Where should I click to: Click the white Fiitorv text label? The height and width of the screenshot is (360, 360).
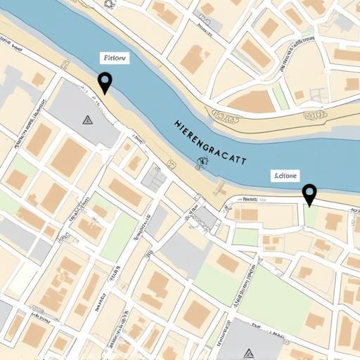(x=113, y=59)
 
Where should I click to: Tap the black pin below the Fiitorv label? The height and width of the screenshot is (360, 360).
(x=105, y=82)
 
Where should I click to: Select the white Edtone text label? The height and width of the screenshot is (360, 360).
(x=285, y=176)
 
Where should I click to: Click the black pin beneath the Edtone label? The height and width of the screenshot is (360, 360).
(x=309, y=193)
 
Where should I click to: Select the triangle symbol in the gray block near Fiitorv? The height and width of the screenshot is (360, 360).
(x=87, y=120)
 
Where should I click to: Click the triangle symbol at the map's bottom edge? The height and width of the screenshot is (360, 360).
(x=247, y=351)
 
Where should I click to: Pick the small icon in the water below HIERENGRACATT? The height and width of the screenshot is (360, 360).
(x=202, y=165)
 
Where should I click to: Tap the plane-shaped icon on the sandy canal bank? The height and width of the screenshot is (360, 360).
(x=219, y=188)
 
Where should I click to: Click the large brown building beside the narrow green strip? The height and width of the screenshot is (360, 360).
(x=251, y=102)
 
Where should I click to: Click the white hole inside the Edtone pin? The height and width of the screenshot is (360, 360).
(x=309, y=190)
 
